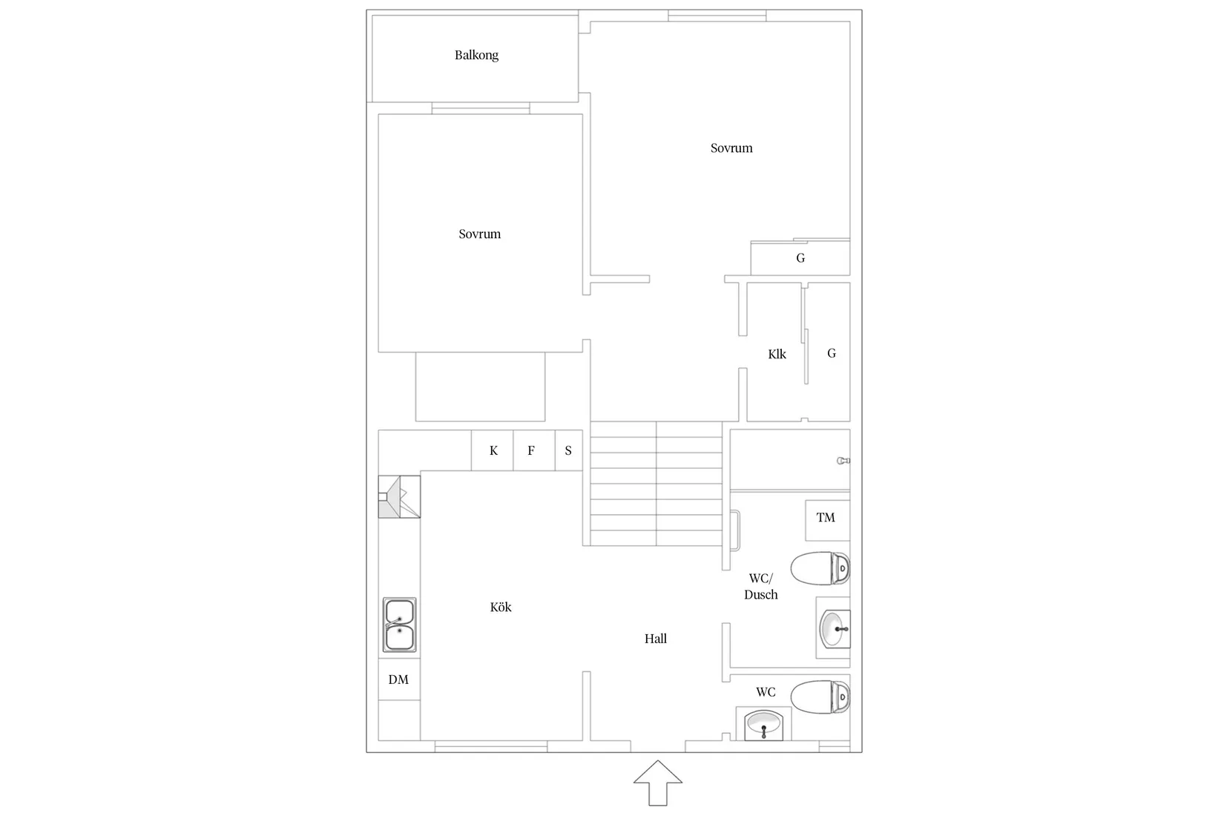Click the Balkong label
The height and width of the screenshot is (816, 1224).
[x=476, y=55]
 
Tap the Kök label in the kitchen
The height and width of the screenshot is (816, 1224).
[x=501, y=607]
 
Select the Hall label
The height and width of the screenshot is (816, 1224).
[x=655, y=638]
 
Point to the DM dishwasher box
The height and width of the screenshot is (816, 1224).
[x=399, y=680]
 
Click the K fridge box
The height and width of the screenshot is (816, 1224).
[x=493, y=450]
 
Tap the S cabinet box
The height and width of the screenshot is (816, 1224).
[x=568, y=450]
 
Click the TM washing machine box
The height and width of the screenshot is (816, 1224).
[x=826, y=519]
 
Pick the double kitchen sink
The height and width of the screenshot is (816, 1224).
[x=399, y=625]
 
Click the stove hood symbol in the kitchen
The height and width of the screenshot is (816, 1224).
[x=399, y=497]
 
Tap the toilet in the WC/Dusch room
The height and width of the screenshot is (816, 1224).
[x=820, y=569]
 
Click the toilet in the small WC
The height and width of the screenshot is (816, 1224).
[x=820, y=697]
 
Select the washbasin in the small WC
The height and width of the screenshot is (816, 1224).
[x=763, y=725]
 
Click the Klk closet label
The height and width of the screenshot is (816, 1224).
[x=777, y=354]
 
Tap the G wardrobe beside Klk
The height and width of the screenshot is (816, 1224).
[x=831, y=353]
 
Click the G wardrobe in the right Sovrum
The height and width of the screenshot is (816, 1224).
[x=800, y=258]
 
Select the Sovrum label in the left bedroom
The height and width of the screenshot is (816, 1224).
[x=479, y=234]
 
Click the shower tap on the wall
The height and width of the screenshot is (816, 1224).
[x=843, y=461]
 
